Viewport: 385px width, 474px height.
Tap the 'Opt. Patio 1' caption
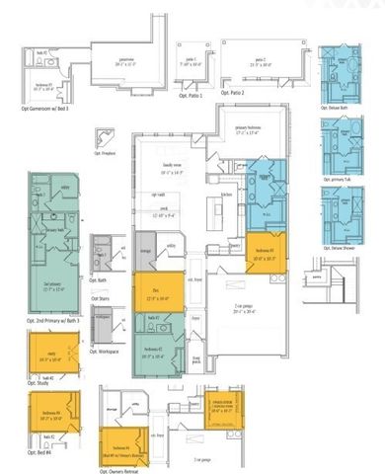pyautogui.click(x=189, y=96)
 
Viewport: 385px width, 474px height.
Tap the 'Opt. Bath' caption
pyautogui.click(x=101, y=279)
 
